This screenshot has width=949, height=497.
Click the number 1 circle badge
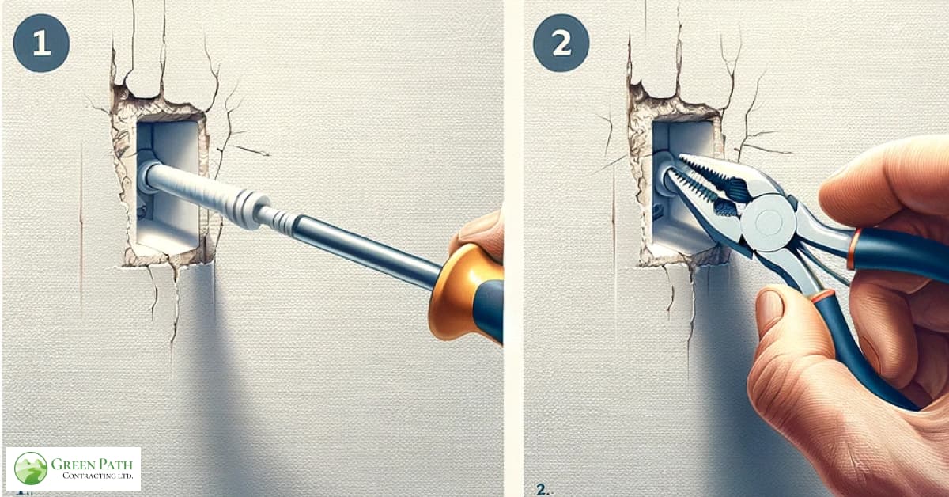tap(41, 44)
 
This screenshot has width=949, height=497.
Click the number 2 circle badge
tap(560, 44)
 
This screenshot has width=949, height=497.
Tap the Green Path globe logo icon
tap(31, 469)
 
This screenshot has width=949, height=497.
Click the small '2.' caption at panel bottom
tap(542, 489)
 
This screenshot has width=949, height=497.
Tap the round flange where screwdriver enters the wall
tap(148, 176)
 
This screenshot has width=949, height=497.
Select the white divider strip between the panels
tap(513, 248)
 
